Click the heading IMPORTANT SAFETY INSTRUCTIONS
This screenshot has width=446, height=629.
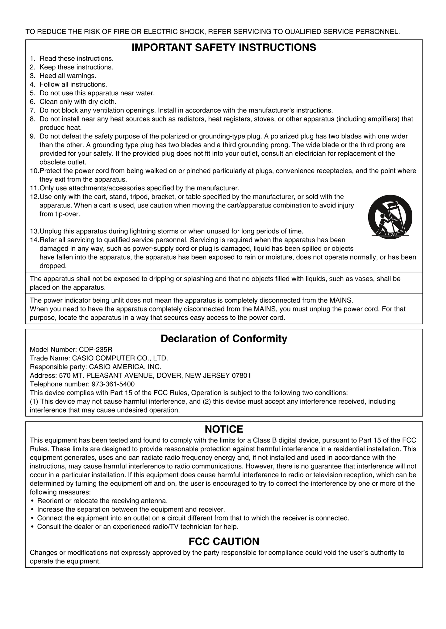[224, 47]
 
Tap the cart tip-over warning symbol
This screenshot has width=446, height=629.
[390, 217]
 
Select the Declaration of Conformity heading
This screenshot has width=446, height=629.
[224, 339]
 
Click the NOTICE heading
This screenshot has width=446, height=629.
[224, 429]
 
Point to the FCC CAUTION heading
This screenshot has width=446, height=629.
[224, 541]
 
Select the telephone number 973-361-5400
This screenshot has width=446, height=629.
[113, 384]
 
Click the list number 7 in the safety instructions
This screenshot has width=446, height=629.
[32, 110]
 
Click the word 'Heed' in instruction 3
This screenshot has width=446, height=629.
[46, 76]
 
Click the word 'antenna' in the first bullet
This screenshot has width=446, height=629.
[154, 501]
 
